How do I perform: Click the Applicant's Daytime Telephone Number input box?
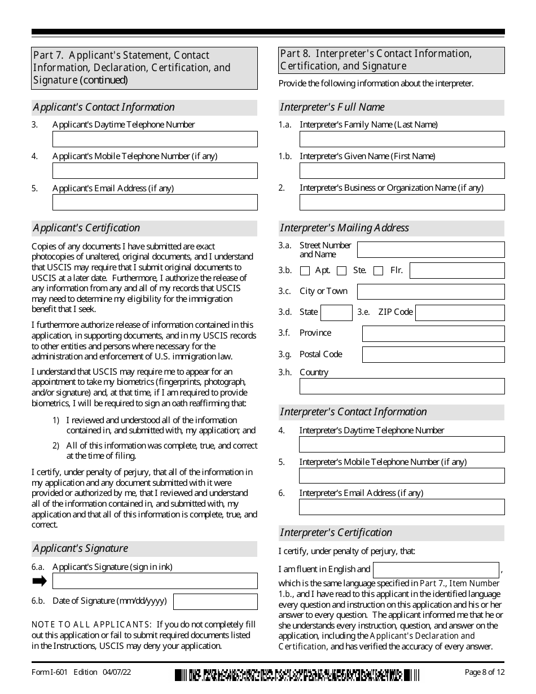tap(155, 139)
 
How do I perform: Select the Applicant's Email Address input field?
tap(155, 203)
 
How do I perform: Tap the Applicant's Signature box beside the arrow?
tap(155, 581)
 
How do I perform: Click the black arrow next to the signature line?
tap(39, 581)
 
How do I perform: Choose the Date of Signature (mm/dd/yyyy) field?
tap(215, 601)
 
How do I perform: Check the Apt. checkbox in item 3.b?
tap(305, 271)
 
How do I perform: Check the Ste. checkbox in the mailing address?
tap(341, 271)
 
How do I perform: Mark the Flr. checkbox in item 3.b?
tap(378, 271)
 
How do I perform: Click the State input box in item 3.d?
tap(336, 313)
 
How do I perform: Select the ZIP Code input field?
tap(460, 313)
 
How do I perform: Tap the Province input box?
tap(433, 333)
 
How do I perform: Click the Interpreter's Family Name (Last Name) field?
tap(402, 139)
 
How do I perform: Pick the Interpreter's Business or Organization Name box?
tap(402, 203)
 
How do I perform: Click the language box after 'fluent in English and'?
tap(436, 570)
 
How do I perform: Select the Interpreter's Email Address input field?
tap(402, 507)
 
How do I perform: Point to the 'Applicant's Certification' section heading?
tap(87, 228)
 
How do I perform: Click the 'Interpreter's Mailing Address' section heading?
tap(345, 228)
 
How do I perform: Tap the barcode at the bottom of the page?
tap(297, 674)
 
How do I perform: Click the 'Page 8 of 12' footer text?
tap(485, 672)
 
